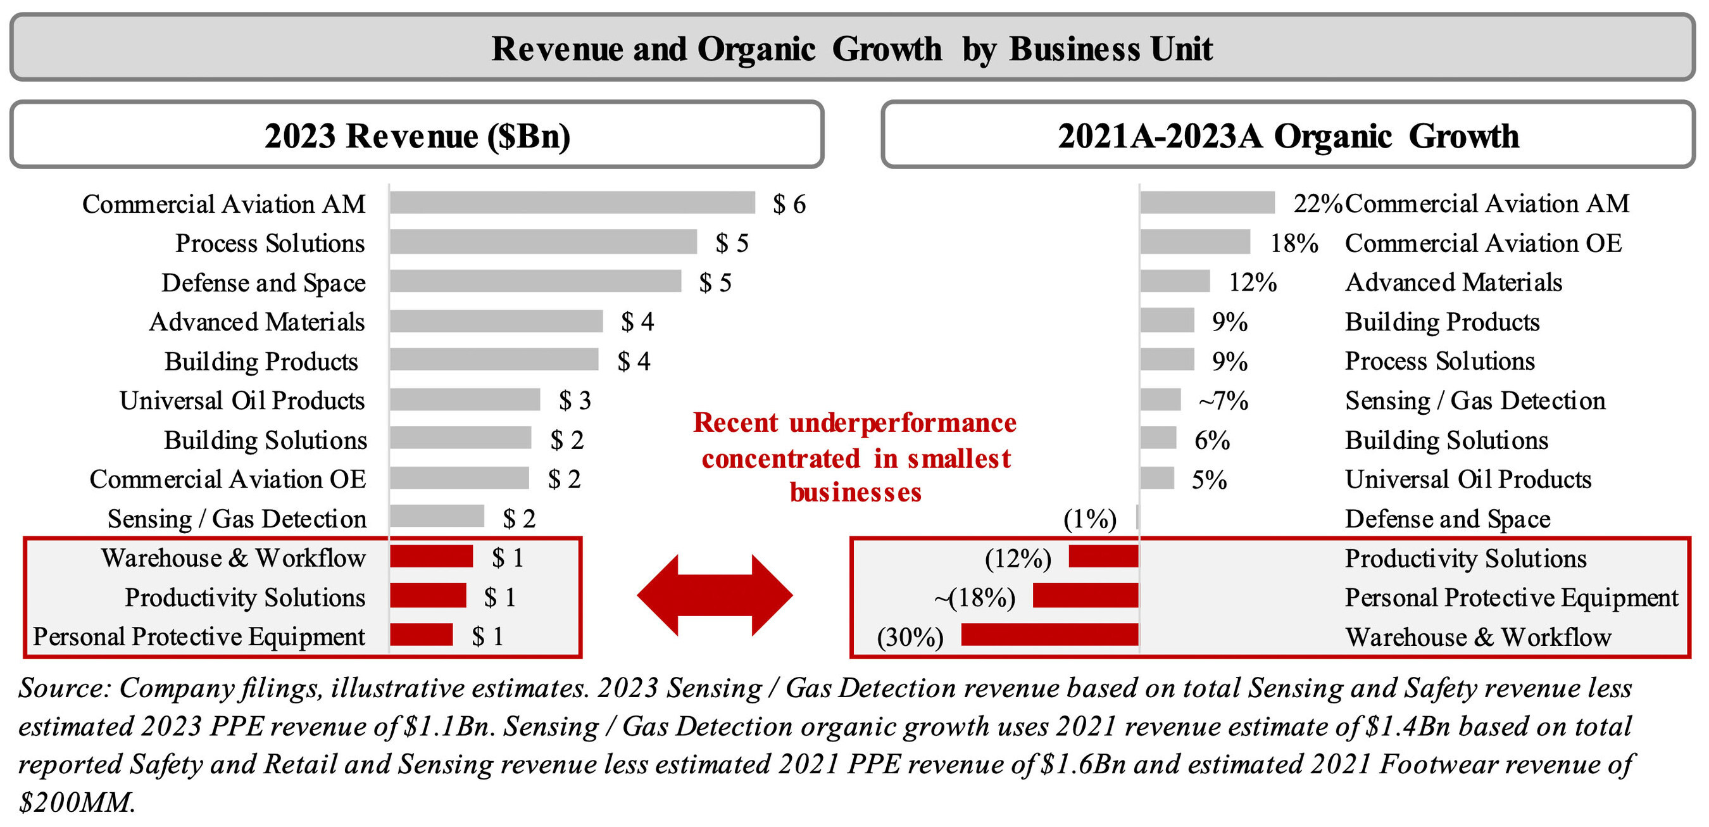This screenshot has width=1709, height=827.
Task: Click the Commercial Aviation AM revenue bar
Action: coord(572,203)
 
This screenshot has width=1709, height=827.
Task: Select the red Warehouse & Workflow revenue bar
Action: coord(431,557)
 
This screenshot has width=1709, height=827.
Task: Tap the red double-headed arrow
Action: coord(715,595)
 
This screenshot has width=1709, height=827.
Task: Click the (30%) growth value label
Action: coord(910,636)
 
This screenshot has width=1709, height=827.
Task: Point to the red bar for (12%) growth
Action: coord(1103,557)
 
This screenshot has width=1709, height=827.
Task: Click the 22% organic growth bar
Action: coord(1208,203)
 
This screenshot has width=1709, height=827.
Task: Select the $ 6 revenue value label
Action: coord(789,205)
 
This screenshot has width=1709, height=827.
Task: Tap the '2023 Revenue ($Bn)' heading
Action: coord(417,136)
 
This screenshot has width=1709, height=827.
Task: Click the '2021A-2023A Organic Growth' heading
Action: coord(1287,136)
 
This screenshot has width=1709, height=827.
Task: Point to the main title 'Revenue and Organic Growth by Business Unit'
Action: coord(852,49)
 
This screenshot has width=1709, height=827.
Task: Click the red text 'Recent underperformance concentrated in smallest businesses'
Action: coord(855,458)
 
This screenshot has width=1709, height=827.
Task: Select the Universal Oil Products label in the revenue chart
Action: coord(242,401)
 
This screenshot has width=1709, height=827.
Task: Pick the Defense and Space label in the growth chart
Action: coord(1447,519)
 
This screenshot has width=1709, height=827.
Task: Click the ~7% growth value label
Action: coord(1223,401)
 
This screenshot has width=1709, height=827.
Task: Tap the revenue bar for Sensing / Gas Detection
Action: coord(437,516)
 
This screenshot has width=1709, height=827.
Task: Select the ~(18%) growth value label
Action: coord(975,597)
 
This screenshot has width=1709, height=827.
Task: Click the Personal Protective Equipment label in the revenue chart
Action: coord(199,636)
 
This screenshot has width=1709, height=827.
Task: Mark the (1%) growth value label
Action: coord(1089,519)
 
